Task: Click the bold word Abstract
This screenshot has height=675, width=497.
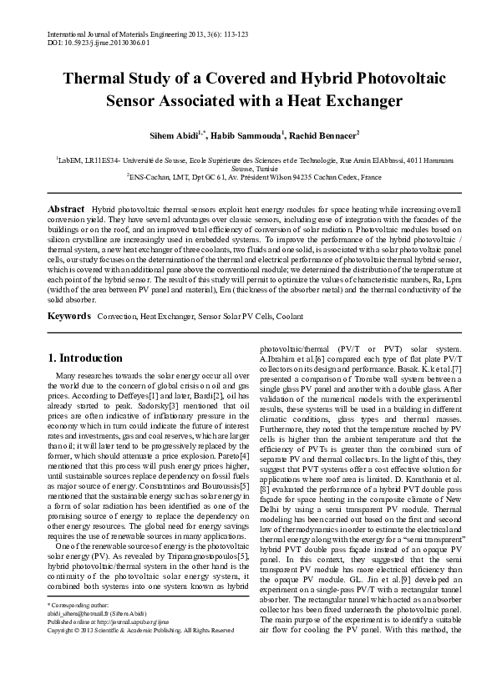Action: [66, 208]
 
